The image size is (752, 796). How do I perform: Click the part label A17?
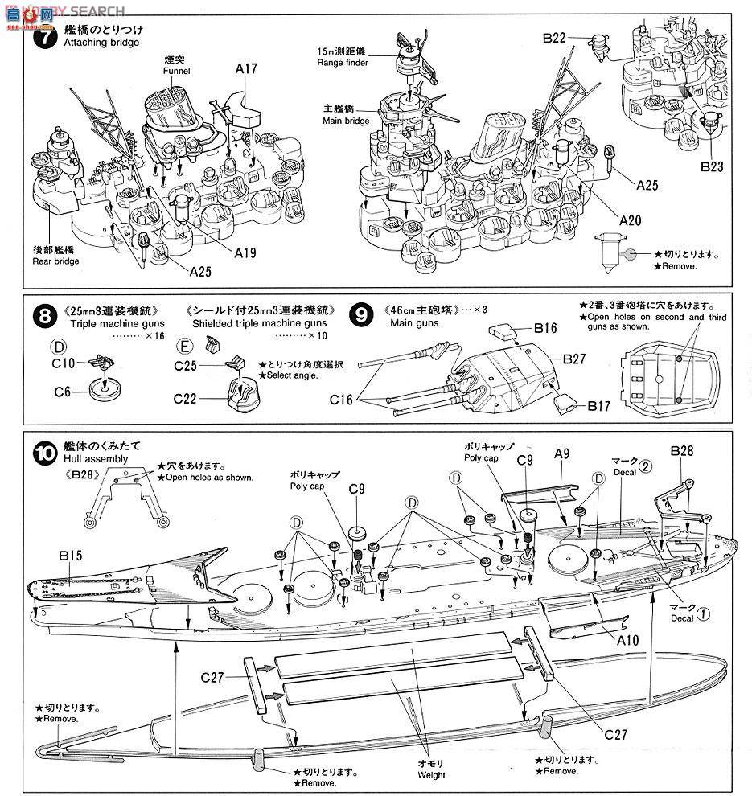point(246,69)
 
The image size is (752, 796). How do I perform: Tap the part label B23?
point(711,166)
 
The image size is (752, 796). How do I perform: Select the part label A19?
point(246,252)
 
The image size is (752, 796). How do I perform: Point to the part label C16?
point(340,399)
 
